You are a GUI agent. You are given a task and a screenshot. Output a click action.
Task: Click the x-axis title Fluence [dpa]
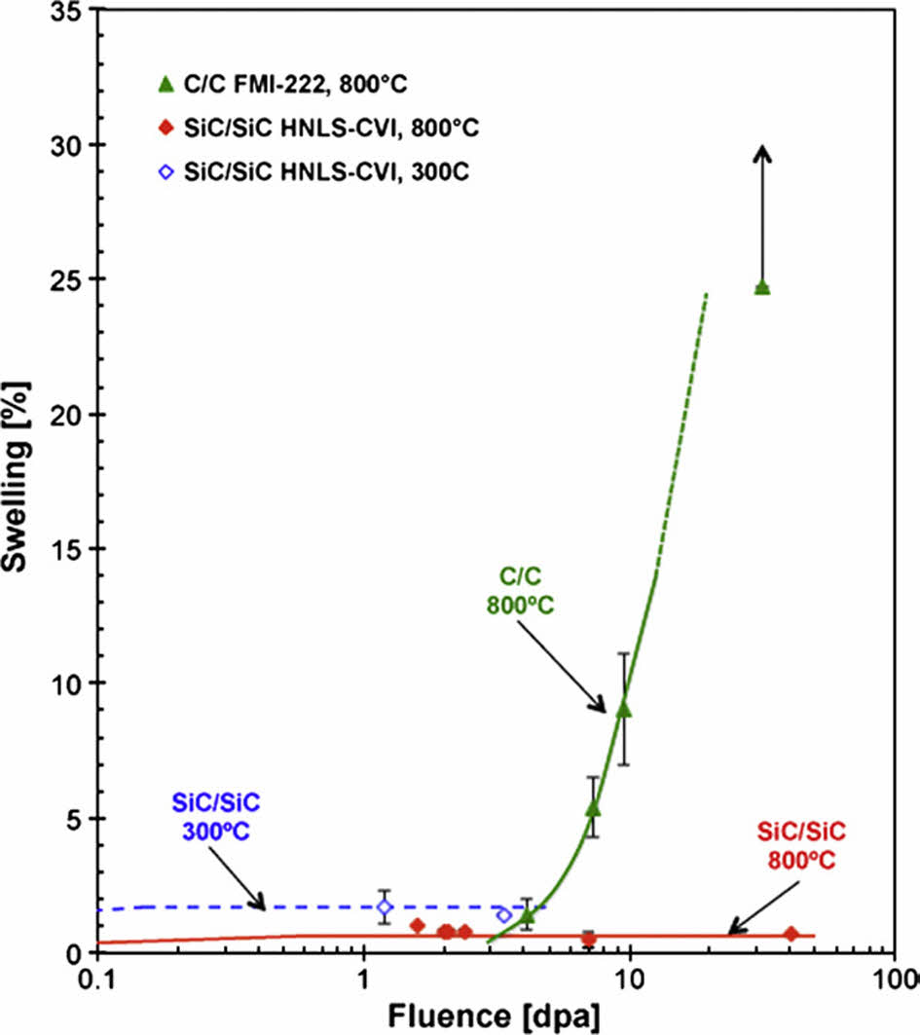click(495, 1016)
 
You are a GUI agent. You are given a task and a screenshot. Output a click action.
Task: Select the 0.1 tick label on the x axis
click(97, 978)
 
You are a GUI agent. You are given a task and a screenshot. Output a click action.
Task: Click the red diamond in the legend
click(166, 129)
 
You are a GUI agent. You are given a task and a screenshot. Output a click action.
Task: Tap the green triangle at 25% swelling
click(762, 287)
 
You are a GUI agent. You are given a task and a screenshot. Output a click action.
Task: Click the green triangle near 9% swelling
click(624, 708)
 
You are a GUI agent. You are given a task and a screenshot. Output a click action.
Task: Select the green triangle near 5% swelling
click(592, 808)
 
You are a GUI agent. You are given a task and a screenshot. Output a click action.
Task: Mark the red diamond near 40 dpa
click(791, 934)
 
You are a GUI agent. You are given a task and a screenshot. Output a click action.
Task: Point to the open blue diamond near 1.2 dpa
click(385, 906)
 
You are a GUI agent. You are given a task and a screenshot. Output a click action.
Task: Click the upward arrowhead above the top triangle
click(763, 152)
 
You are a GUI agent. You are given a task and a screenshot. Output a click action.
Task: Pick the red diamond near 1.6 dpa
click(418, 925)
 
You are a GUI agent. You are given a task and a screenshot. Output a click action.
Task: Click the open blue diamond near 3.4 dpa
click(503, 915)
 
